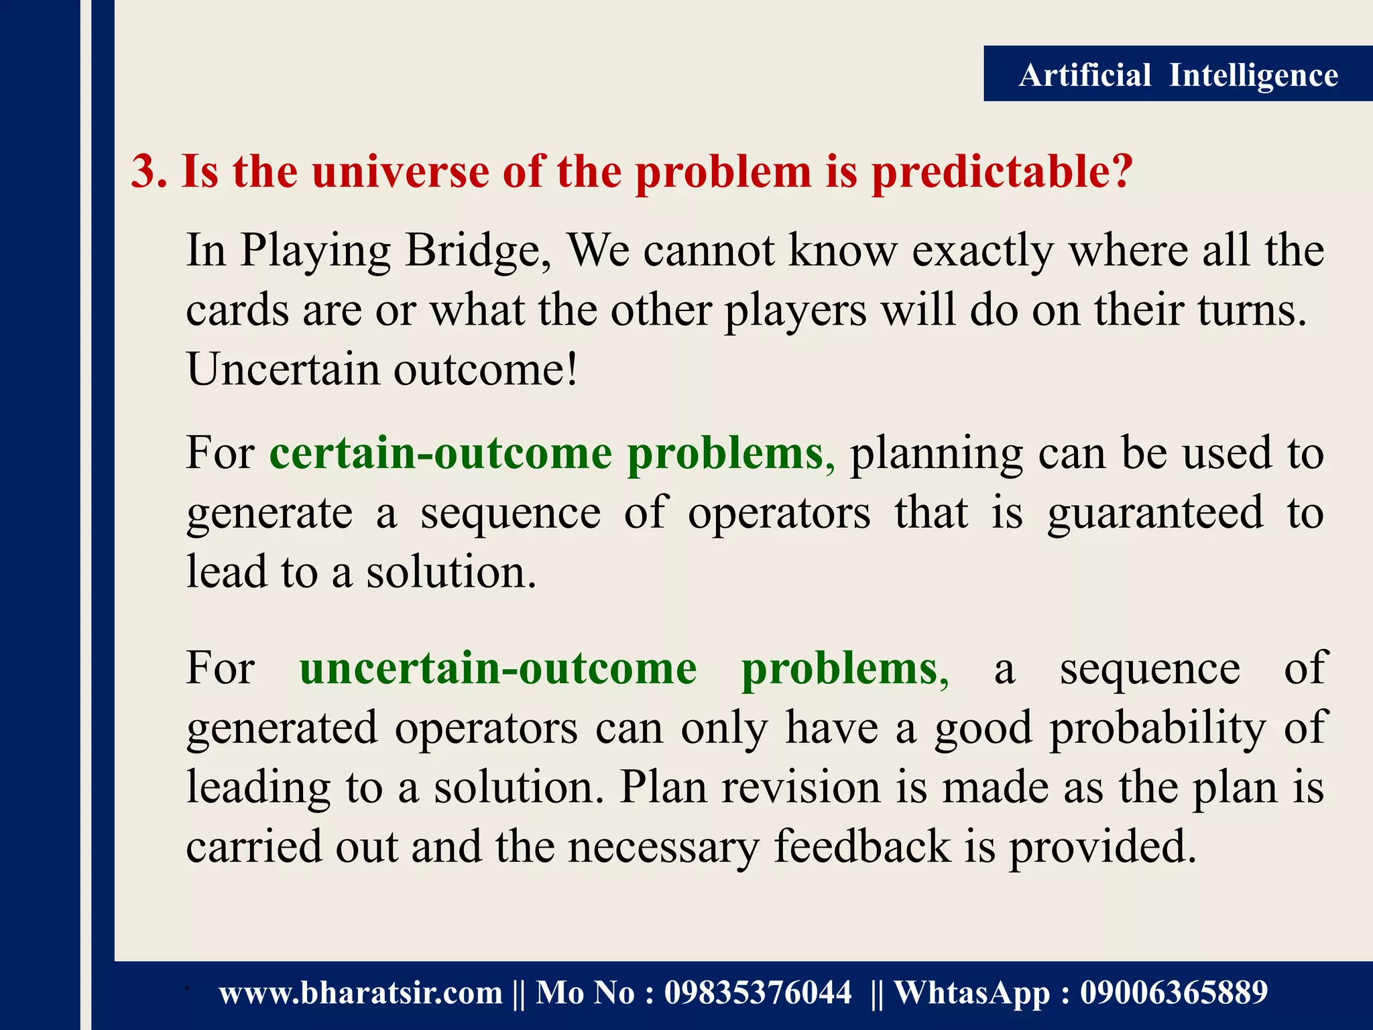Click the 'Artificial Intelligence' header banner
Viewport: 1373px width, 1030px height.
pyautogui.click(x=1178, y=74)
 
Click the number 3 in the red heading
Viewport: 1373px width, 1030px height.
pyautogui.click(x=147, y=172)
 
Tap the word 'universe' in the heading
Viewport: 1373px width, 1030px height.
pyautogui.click(x=400, y=172)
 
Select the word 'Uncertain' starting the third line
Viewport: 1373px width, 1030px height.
pyautogui.click(x=282, y=369)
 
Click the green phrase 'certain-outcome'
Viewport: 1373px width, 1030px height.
pyautogui.click(x=440, y=454)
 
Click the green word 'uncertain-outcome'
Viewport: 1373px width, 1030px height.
pyautogui.click(x=497, y=669)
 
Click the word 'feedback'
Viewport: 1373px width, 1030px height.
pyautogui.click(x=861, y=846)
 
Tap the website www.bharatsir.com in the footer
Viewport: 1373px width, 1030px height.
pyautogui.click(x=360, y=993)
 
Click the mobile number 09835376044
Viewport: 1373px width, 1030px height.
pyautogui.click(x=758, y=993)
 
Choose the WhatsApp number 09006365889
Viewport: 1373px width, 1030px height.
pyautogui.click(x=1173, y=993)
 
